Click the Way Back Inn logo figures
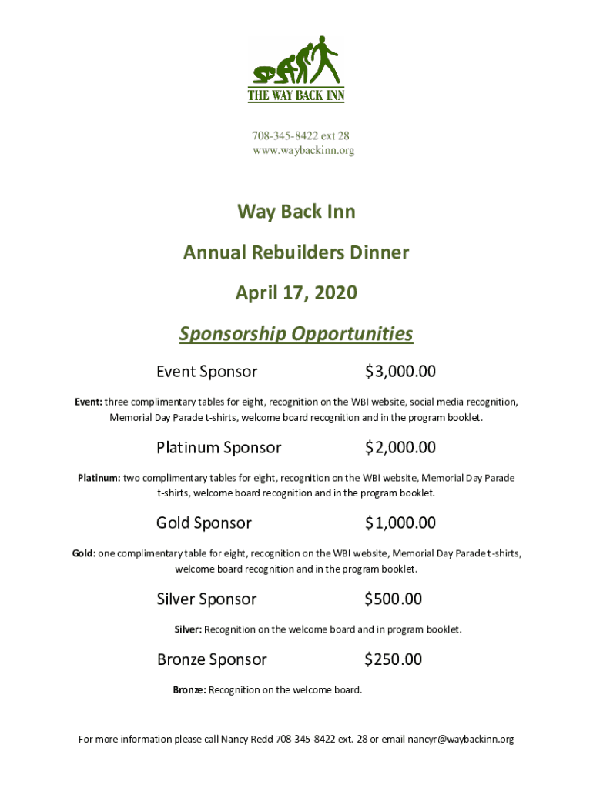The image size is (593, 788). (x=296, y=62)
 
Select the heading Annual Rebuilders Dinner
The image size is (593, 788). (x=296, y=252)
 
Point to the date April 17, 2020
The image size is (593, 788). (x=296, y=293)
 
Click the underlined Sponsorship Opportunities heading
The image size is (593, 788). (x=296, y=334)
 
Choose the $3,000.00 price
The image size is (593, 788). (x=400, y=372)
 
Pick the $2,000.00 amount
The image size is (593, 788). (x=400, y=447)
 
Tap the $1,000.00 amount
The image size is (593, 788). (x=400, y=523)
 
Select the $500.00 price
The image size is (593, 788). (x=393, y=599)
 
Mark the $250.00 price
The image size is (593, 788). (x=393, y=659)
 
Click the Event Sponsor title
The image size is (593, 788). (x=206, y=372)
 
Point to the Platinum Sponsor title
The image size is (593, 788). (x=219, y=447)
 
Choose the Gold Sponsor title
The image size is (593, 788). (x=204, y=523)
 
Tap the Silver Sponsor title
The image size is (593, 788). (x=206, y=599)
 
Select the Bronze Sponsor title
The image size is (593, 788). (x=212, y=659)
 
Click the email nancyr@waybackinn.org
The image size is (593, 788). (x=461, y=740)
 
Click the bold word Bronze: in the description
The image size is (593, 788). (x=189, y=690)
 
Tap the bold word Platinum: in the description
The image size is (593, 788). (x=99, y=478)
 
